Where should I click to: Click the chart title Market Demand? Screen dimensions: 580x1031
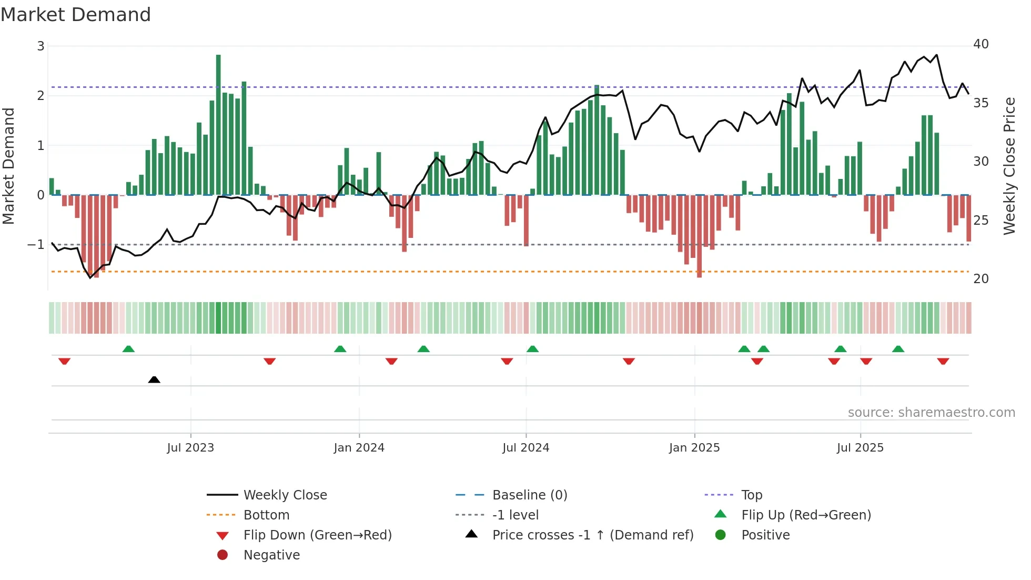coord(76,15)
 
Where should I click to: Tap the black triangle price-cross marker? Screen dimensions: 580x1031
coord(154,379)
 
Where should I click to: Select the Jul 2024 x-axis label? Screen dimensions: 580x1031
coord(525,448)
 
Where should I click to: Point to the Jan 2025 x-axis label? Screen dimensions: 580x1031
coord(694,448)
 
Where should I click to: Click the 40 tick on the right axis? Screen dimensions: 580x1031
coord(981,44)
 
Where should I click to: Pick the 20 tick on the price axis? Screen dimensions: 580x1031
coord(981,279)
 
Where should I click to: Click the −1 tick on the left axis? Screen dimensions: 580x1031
coord(36,245)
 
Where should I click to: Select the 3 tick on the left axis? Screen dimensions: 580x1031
coord(41,46)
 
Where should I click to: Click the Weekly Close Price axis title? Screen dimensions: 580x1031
coord(1009,166)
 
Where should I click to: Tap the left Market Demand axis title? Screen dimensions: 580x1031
coord(8,166)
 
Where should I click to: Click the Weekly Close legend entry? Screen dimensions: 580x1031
coord(285,495)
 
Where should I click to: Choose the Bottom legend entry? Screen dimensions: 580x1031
coord(266,515)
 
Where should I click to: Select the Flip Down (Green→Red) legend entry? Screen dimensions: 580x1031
coord(317,535)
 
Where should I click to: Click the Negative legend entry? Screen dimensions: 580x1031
coord(271,555)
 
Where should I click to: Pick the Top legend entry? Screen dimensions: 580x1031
coord(752,495)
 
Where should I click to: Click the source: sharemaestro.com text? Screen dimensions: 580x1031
coord(931,413)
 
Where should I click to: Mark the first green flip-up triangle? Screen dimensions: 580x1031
coord(128,349)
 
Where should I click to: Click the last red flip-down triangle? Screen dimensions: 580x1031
coord(943,362)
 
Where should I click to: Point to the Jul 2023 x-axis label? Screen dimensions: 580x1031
coord(190,448)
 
